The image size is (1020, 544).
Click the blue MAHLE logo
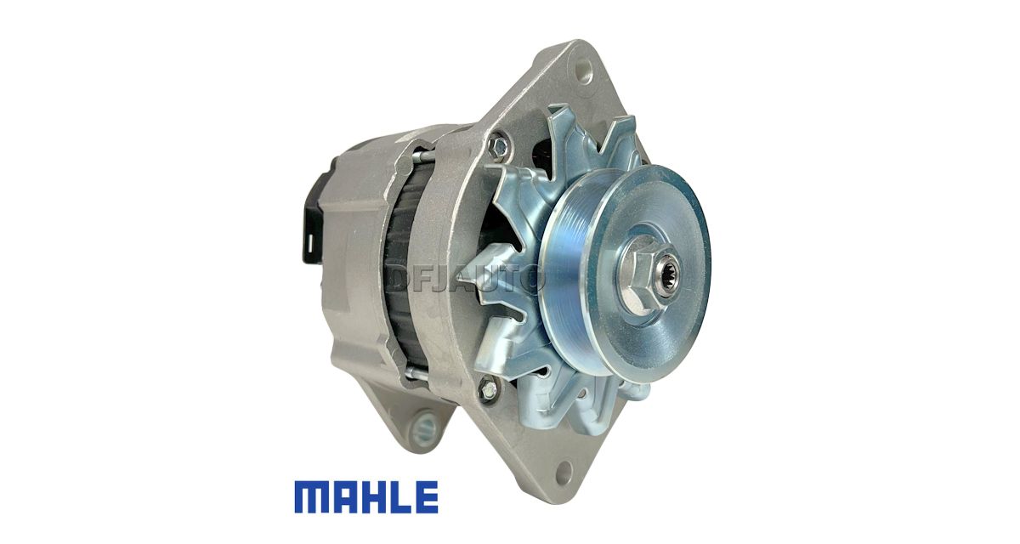(x=366, y=497)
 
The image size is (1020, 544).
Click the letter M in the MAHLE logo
(x=311, y=497)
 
